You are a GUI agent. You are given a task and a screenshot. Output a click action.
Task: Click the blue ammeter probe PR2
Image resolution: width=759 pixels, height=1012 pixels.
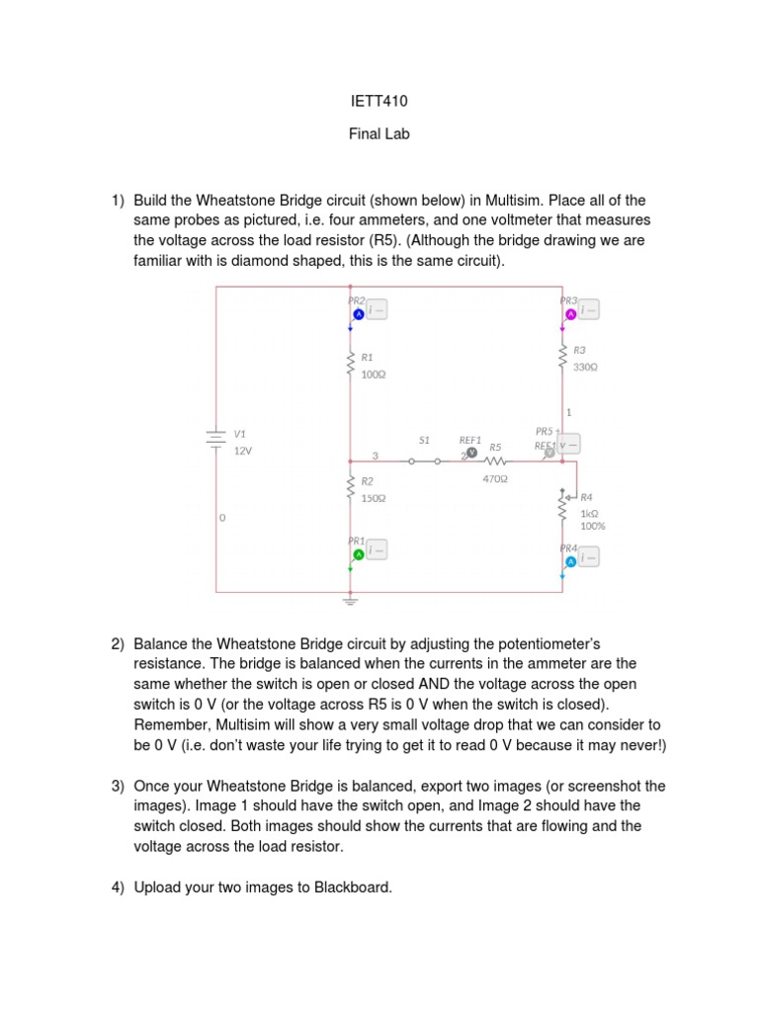coord(359,313)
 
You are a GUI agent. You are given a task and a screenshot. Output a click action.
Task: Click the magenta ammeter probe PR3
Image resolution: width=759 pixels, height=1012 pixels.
coord(570,314)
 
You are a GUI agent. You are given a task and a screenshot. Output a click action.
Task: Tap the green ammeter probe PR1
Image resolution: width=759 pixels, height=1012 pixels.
coord(359,554)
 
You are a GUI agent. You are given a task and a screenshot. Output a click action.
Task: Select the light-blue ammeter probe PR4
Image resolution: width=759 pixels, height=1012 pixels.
coord(570,562)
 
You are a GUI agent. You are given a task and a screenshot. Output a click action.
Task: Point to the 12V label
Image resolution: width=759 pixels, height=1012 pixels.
coord(243,451)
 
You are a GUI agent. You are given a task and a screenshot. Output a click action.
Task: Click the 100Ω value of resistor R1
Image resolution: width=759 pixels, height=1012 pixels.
coord(373,375)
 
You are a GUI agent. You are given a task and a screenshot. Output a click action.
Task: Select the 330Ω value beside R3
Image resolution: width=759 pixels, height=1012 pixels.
coord(585,367)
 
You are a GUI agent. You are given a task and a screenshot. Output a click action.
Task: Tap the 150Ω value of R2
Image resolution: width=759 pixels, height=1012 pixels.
coord(373,498)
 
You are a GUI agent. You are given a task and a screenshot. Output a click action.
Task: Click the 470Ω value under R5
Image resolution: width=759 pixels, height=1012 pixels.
coord(495,479)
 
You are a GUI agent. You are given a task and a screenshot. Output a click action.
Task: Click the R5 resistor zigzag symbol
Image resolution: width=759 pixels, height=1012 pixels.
coord(495,461)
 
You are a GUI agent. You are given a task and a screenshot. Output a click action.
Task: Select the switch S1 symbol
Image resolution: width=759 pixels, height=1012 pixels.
coord(424,460)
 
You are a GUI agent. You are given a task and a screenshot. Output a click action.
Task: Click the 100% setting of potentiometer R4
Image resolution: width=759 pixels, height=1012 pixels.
coord(593,527)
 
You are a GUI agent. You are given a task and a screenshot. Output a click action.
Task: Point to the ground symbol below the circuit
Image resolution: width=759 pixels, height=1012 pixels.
coord(350,599)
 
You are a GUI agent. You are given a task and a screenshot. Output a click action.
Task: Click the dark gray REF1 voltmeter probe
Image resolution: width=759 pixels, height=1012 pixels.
coord(471,453)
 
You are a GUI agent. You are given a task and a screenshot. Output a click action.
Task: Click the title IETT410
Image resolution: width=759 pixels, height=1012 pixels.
coord(379,101)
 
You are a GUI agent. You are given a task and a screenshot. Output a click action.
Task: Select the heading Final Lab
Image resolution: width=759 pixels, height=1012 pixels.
coord(379,134)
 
